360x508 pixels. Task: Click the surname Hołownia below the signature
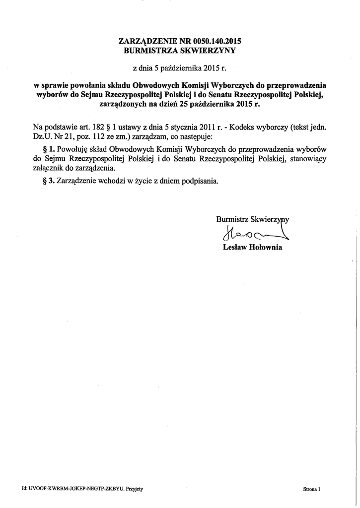pyautogui.click(x=265, y=247)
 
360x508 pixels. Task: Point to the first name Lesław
pyautogui.click(x=235, y=247)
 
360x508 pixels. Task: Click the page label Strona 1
pyautogui.click(x=312, y=489)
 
